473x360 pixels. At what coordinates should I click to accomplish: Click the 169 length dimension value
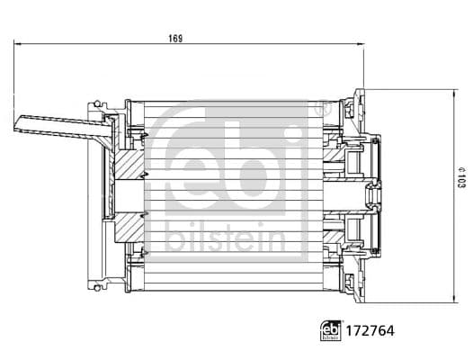pyautogui.click(x=175, y=37)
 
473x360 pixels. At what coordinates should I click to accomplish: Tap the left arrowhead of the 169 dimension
pyautogui.click(x=18, y=43)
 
